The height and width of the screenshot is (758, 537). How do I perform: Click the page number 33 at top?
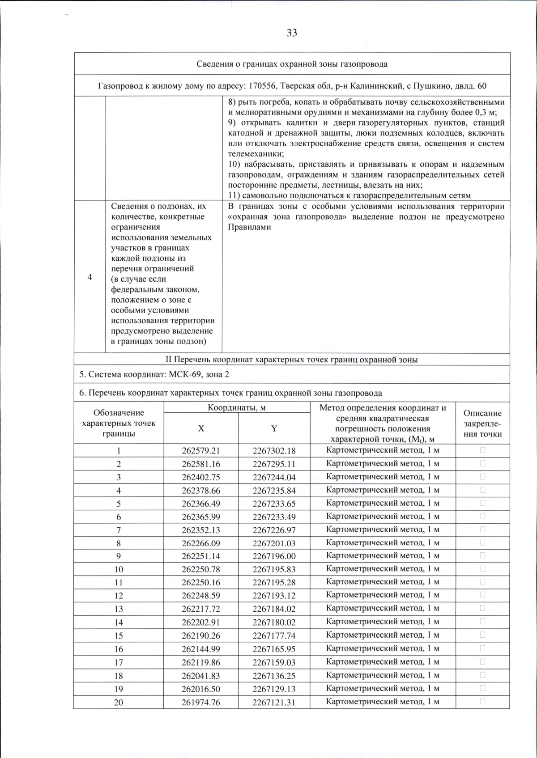pos(292,33)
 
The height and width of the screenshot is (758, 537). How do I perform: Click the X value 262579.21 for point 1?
pos(201,451)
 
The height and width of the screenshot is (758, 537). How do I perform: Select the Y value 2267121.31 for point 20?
pos(274,702)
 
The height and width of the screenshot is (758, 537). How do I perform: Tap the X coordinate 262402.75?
pos(201,477)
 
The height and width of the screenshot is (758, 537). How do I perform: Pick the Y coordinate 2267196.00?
pos(274,556)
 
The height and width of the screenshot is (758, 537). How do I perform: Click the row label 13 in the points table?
pos(119,609)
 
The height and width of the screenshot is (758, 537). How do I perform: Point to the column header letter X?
pos(201,428)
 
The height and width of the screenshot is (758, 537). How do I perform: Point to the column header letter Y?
pos(274,428)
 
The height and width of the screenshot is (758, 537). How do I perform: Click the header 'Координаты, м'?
pos(237,407)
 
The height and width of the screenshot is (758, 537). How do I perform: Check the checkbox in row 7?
pos(482,529)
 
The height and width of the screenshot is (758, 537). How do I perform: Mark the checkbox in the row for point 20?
pos(482,702)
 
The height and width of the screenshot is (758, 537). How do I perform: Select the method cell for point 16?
pos(383,648)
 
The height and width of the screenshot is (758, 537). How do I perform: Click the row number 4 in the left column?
pos(90,277)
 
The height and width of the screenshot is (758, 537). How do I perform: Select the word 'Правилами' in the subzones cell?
pos(249,227)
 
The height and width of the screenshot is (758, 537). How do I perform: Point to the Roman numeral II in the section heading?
pos(169,360)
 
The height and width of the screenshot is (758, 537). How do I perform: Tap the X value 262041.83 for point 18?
pos(201,676)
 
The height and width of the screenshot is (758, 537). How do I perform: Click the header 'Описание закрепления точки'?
pos(482,423)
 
